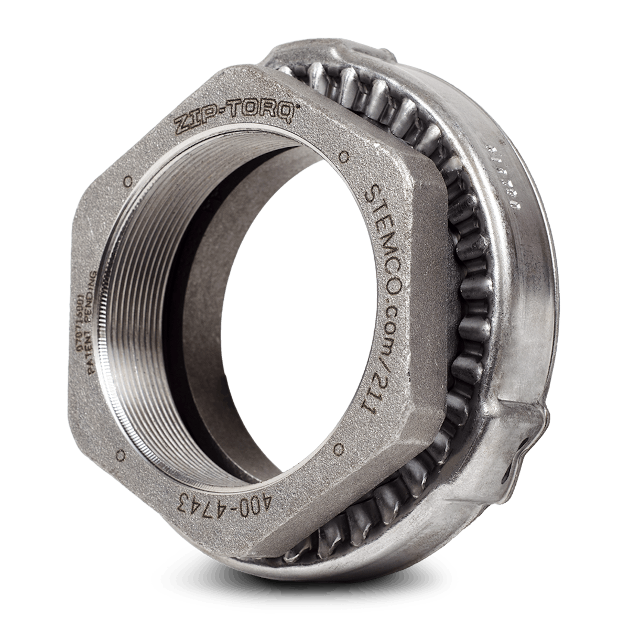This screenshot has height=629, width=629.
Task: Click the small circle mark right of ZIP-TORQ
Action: tap(344, 156)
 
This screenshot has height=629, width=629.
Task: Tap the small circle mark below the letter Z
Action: tap(127, 181)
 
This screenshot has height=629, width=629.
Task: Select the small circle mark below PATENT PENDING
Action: tap(122, 452)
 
